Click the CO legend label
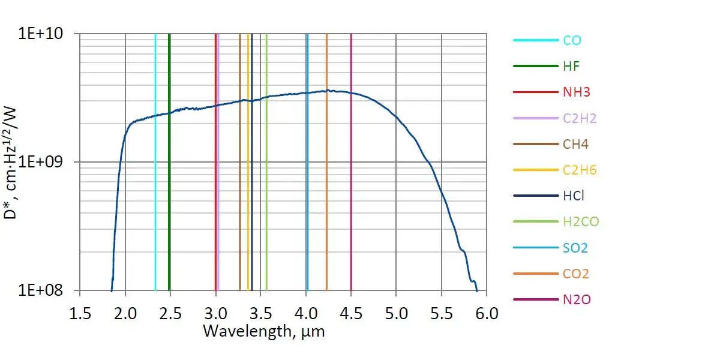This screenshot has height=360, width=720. click(572, 41)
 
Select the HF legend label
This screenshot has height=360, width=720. click(571, 67)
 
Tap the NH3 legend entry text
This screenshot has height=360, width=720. click(575, 92)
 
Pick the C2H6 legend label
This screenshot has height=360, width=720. click(579, 170)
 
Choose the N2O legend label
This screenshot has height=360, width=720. click(577, 299)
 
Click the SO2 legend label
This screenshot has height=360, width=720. click(575, 248)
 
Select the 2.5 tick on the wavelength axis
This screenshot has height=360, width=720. click(170, 313)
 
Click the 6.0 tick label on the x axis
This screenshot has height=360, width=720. click(486, 313)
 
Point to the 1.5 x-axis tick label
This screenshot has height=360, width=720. click(80, 313)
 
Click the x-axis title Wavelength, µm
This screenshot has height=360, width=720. click(263, 331)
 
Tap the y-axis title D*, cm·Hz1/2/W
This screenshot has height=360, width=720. click(14, 162)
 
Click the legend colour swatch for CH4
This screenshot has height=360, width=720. click(535, 144)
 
